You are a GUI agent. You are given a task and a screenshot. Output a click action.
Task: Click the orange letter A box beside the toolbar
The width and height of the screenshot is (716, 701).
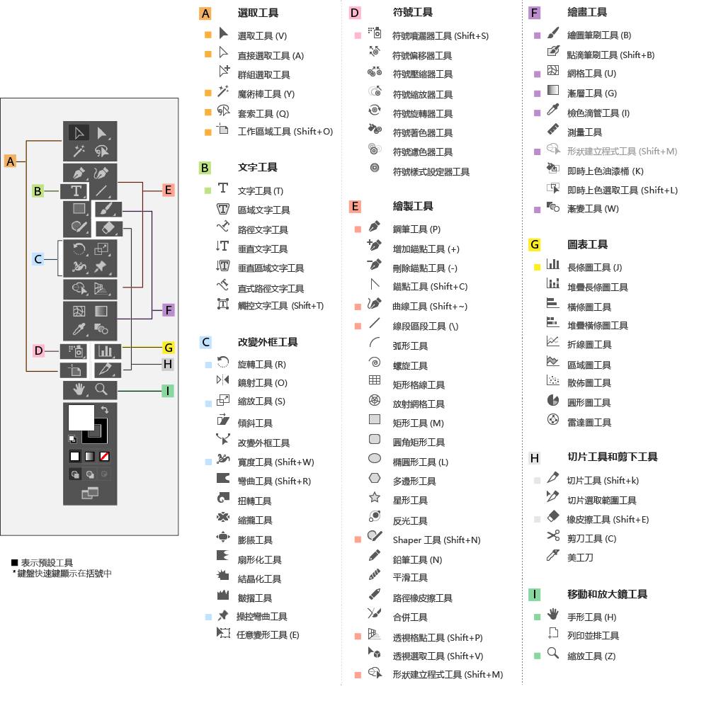pyautogui.click(x=10, y=161)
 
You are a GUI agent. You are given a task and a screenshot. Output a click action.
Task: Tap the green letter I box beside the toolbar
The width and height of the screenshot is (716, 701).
pyautogui.click(x=167, y=391)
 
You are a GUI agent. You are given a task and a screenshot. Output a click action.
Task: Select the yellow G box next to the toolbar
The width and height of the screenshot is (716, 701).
pyautogui.click(x=168, y=348)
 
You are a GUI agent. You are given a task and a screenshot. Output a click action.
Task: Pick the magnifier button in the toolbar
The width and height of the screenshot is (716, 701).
pyautogui.click(x=101, y=389)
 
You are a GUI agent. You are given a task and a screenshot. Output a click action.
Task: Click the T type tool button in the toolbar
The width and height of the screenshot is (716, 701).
pyautogui.click(x=74, y=191)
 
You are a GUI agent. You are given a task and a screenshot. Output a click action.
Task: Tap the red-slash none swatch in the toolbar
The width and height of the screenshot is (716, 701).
pyautogui.click(x=104, y=456)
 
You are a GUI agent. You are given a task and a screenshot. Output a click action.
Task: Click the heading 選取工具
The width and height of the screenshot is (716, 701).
pyautogui.click(x=258, y=13)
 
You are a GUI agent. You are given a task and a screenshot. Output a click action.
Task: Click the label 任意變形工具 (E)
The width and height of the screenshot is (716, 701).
pyautogui.click(x=268, y=634)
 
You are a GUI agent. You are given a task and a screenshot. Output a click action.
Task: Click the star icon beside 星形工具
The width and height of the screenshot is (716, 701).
pyautogui.click(x=375, y=498)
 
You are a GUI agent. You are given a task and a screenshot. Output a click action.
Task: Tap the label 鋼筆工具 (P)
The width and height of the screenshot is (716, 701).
pyautogui.click(x=416, y=229)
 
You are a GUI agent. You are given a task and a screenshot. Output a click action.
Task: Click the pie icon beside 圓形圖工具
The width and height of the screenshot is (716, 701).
pyautogui.click(x=553, y=401)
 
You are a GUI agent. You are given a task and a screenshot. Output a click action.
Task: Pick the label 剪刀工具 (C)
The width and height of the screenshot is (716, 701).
pyautogui.click(x=592, y=538)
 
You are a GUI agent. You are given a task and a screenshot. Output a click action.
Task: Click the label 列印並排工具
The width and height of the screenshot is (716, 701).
pyautogui.click(x=593, y=635)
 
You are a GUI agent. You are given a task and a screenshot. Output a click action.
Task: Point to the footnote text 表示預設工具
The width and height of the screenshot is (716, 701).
pyautogui.click(x=47, y=562)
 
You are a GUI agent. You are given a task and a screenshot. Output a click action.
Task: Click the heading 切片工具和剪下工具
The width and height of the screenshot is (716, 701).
pyautogui.click(x=613, y=457)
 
